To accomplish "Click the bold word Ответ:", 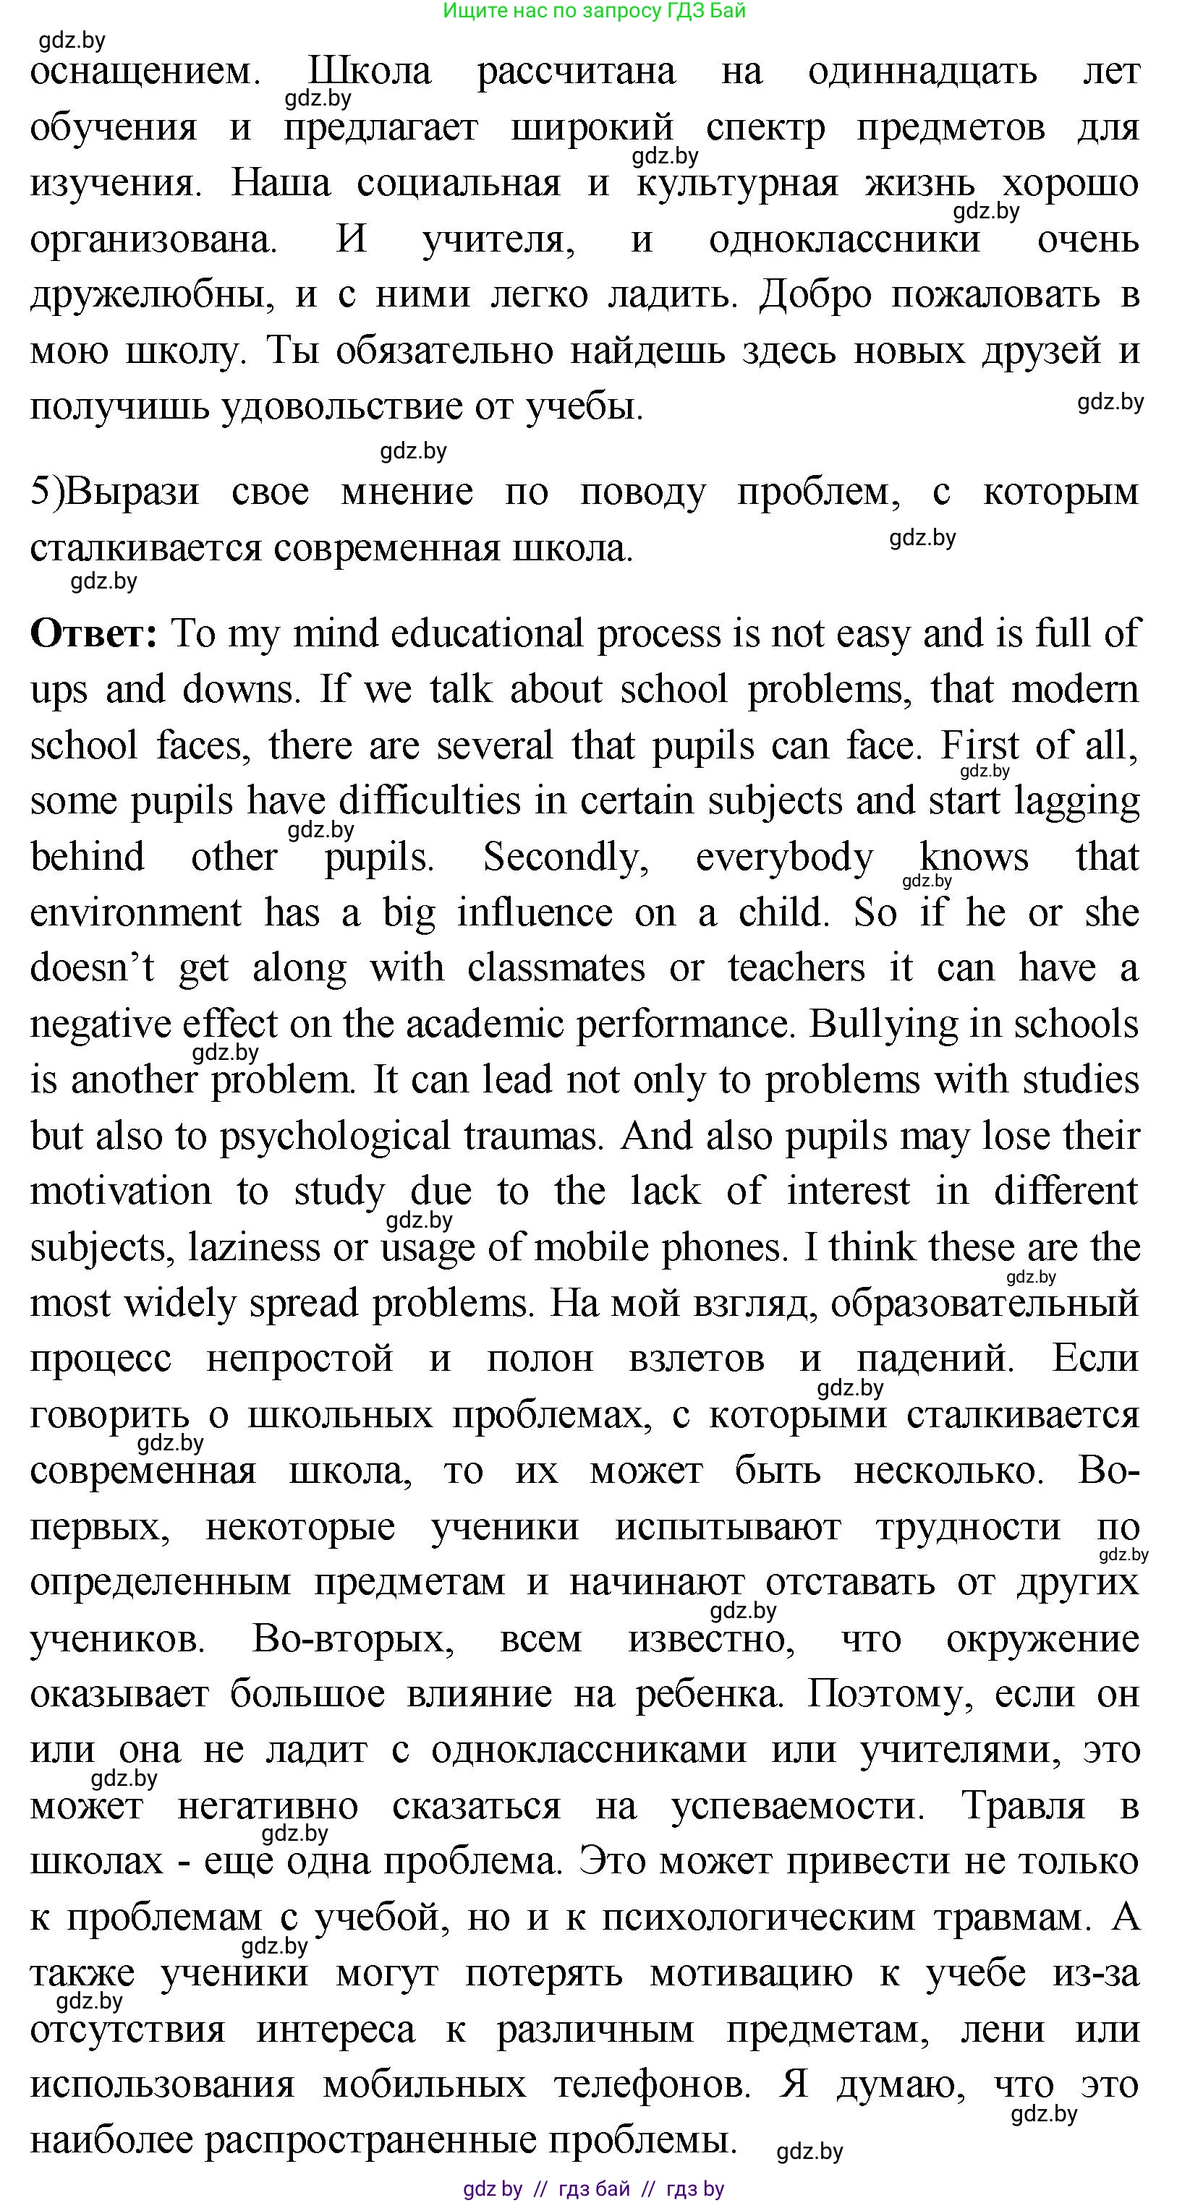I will click(93, 633).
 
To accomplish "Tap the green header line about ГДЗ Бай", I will click(595, 11).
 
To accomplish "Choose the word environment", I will click(136, 912).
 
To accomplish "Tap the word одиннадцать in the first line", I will click(922, 71).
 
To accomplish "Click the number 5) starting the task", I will click(46, 492).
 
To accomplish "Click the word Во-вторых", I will click(353, 1638).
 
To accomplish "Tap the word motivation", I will click(121, 1192).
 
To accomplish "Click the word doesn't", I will click(93, 968).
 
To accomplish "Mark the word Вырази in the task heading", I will click(132, 492).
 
